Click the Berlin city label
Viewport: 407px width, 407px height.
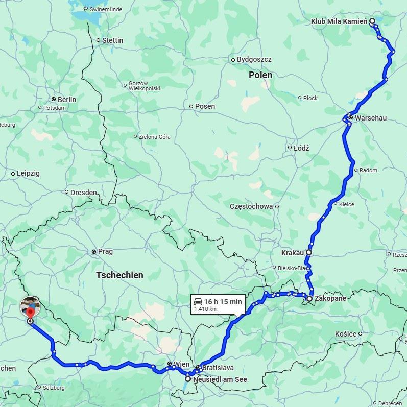[67, 100]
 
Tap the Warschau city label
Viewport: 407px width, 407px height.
[371, 118]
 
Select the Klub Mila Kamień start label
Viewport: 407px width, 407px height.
[339, 21]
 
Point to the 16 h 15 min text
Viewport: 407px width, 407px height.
[223, 302]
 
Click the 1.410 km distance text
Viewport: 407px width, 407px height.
[206, 309]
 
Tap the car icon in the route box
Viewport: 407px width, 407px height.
[198, 302]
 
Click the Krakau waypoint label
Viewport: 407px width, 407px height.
[293, 253]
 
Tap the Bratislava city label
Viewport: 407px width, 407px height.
[218, 368]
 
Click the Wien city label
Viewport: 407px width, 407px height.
[181, 364]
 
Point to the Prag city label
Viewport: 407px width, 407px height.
[105, 252]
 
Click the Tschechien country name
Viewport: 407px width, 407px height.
[119, 275]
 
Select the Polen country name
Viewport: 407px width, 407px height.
[260, 75]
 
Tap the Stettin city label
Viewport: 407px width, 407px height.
[113, 40]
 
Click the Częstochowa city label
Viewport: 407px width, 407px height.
[251, 207]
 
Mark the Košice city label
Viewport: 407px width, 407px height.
[346, 334]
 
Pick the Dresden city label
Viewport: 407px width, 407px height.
[84, 193]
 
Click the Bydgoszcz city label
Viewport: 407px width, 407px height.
[254, 60]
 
